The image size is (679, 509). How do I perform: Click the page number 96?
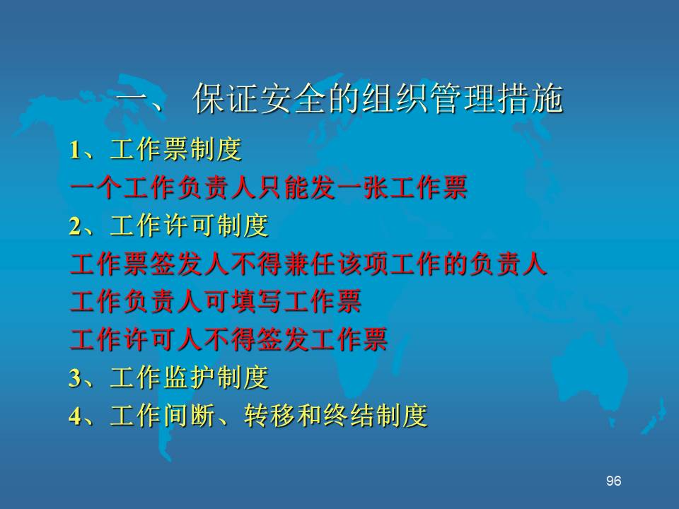point(614,481)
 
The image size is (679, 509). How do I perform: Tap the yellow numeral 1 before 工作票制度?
point(75,151)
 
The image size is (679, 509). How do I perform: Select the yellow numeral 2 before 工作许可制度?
point(75,226)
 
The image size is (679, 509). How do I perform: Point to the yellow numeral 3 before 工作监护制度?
point(75,378)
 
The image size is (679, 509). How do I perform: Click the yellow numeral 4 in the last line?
point(75,416)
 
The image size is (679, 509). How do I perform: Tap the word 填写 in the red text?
point(255,302)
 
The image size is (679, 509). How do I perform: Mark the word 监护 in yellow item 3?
point(190,378)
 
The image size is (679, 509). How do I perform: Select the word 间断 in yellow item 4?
point(190,416)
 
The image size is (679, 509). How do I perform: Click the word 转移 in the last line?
point(269,416)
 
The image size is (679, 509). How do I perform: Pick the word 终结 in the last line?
point(349,416)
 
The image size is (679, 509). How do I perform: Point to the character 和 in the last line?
point(310,416)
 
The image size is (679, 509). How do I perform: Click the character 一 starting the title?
point(132,100)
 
